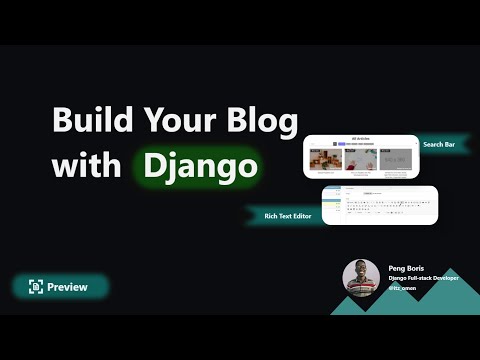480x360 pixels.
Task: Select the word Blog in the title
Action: tap(263, 122)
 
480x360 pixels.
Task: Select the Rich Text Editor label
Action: tap(286, 216)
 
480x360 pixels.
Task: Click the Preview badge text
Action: tap(67, 287)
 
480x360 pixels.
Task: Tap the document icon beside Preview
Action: tap(35, 287)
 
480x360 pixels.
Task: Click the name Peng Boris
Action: tap(407, 268)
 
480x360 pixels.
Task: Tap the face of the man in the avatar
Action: tap(361, 272)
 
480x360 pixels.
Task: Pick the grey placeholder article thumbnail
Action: tap(396, 160)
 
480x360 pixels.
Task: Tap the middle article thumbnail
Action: tap(360, 160)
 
